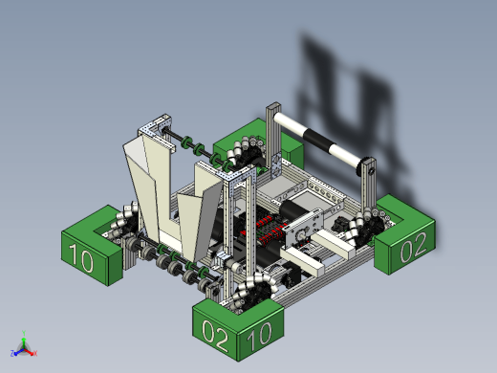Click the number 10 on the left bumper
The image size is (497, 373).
pyautogui.click(x=81, y=258)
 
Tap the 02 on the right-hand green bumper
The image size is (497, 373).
pyautogui.click(x=414, y=247)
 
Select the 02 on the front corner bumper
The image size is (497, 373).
pyautogui.click(x=215, y=336)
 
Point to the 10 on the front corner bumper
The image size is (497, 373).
pyautogui.click(x=259, y=336)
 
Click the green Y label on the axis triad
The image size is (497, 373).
pyautogui.click(x=24, y=333)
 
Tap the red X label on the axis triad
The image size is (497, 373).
pyautogui.click(x=35, y=353)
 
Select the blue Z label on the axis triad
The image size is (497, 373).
pyautogui.click(x=12, y=353)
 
